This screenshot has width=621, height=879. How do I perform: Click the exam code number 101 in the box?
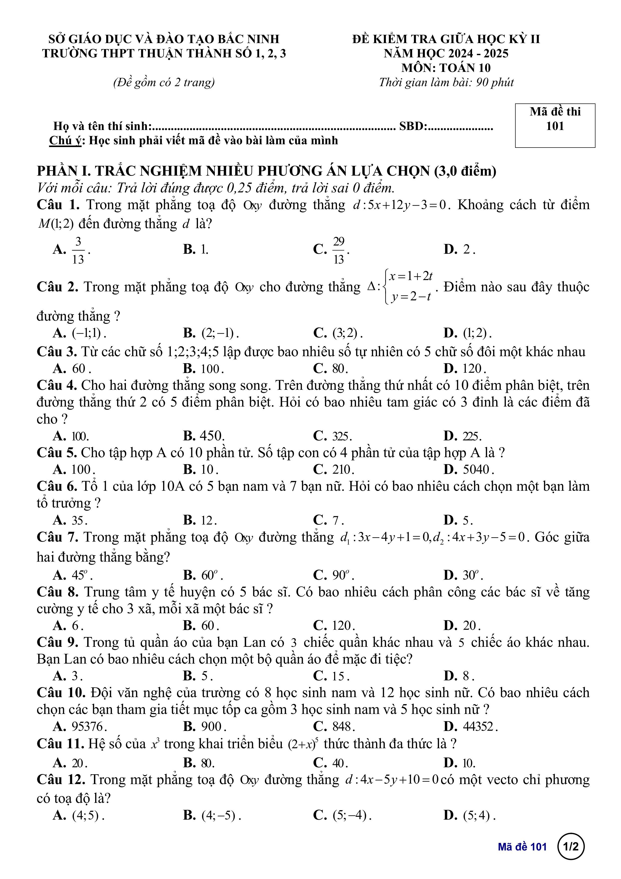pyautogui.click(x=555, y=126)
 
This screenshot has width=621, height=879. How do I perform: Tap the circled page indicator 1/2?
pyautogui.click(x=571, y=846)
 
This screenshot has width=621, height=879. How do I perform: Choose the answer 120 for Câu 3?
pyautogui.click(x=474, y=369)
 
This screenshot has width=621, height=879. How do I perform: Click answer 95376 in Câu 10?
pyautogui.click(x=89, y=727)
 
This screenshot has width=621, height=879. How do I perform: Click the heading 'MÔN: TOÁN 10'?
pyautogui.click(x=446, y=68)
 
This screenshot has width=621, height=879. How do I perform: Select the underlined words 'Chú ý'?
pyautogui.click(x=65, y=141)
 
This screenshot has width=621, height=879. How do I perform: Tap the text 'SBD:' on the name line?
pyautogui.click(x=413, y=126)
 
